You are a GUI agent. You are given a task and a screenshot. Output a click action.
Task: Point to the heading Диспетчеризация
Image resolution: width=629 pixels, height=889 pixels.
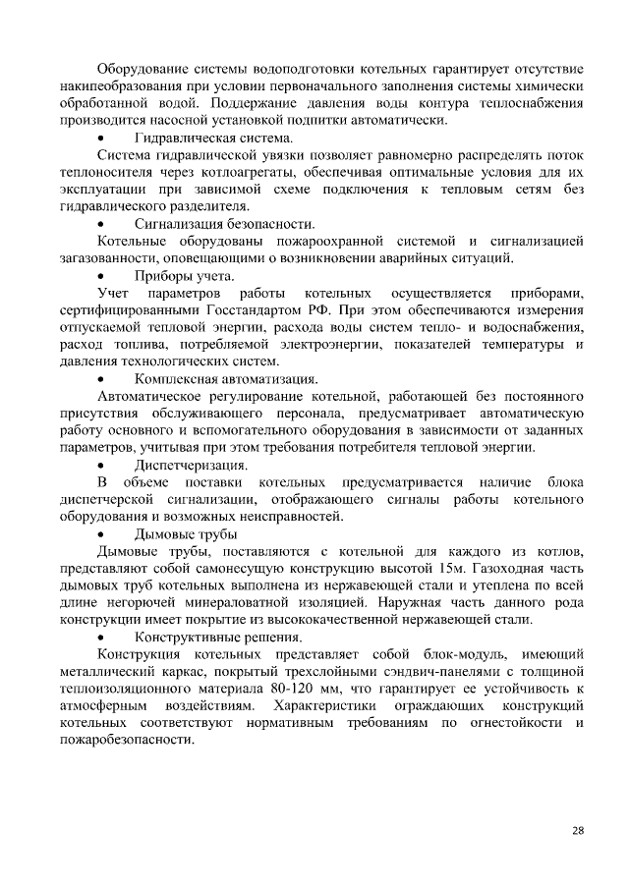[191, 464]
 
